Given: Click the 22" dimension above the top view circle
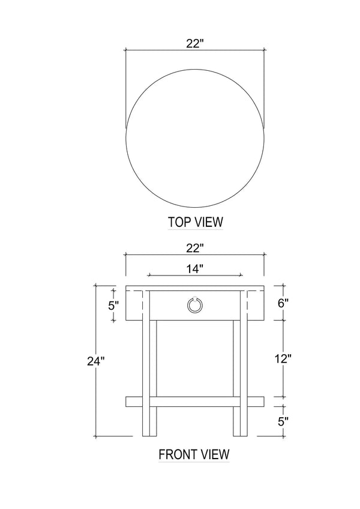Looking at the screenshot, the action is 195,43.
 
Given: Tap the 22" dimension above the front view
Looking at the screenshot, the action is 195,248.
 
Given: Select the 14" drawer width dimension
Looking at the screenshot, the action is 195,268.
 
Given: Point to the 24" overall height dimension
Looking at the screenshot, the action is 96,361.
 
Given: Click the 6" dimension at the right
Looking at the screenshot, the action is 283,303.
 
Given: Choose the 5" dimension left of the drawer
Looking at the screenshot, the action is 113,306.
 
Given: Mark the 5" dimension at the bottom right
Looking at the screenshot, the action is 283,421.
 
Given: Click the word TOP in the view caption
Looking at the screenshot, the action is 178,222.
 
